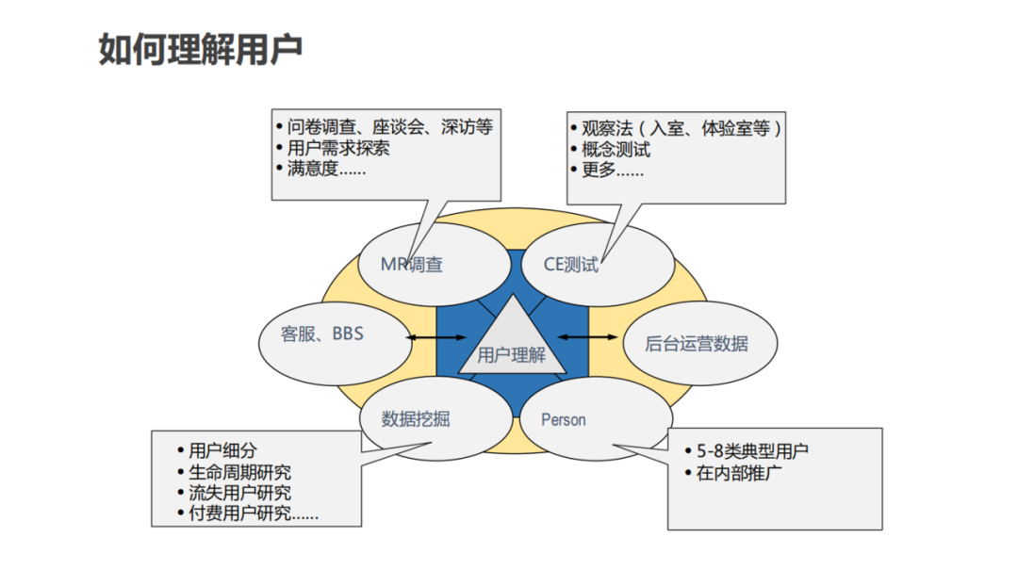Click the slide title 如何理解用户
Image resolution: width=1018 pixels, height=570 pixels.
(x=201, y=50)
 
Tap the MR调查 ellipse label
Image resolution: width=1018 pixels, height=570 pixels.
(x=412, y=265)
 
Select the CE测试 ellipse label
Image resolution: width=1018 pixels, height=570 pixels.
(x=571, y=265)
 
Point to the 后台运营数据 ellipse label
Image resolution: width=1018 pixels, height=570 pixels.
(x=697, y=343)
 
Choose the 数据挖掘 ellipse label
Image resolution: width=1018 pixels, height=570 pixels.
(x=416, y=418)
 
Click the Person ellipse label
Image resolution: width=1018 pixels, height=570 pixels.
(x=564, y=420)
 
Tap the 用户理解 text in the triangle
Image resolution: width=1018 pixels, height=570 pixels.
(x=512, y=355)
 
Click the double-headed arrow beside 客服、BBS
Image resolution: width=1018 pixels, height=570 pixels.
(x=435, y=336)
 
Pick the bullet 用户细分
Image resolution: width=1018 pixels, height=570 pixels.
(x=222, y=451)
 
